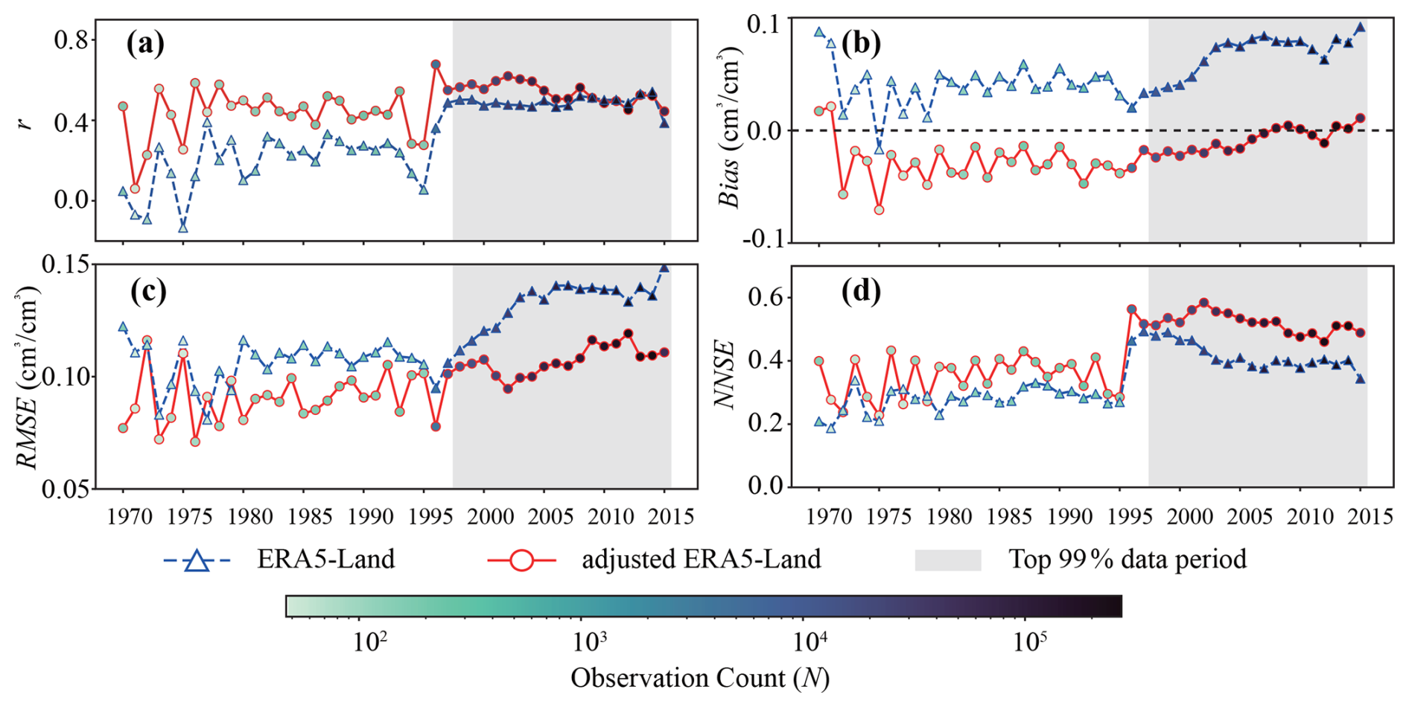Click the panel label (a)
[x=145, y=45]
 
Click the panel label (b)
[x=861, y=43]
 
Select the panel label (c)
[x=148, y=291]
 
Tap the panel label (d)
[x=861, y=291]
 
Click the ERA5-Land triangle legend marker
[x=197, y=560]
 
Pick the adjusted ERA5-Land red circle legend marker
[x=521, y=560]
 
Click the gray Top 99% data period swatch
[x=947, y=560]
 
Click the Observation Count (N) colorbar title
[x=700, y=678]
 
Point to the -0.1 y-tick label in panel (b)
[x=765, y=240]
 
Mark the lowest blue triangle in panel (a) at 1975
[x=183, y=227]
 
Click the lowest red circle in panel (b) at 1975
[x=880, y=210]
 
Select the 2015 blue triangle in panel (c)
[x=664, y=267]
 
